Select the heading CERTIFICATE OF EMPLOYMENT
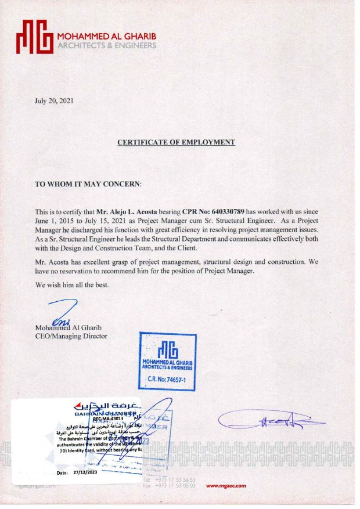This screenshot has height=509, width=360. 176,142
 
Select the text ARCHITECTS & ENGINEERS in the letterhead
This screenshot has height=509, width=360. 107,46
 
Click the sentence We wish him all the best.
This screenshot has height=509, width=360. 71,286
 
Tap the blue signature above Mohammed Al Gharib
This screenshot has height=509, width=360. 61,313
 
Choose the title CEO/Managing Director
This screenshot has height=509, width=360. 71,335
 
